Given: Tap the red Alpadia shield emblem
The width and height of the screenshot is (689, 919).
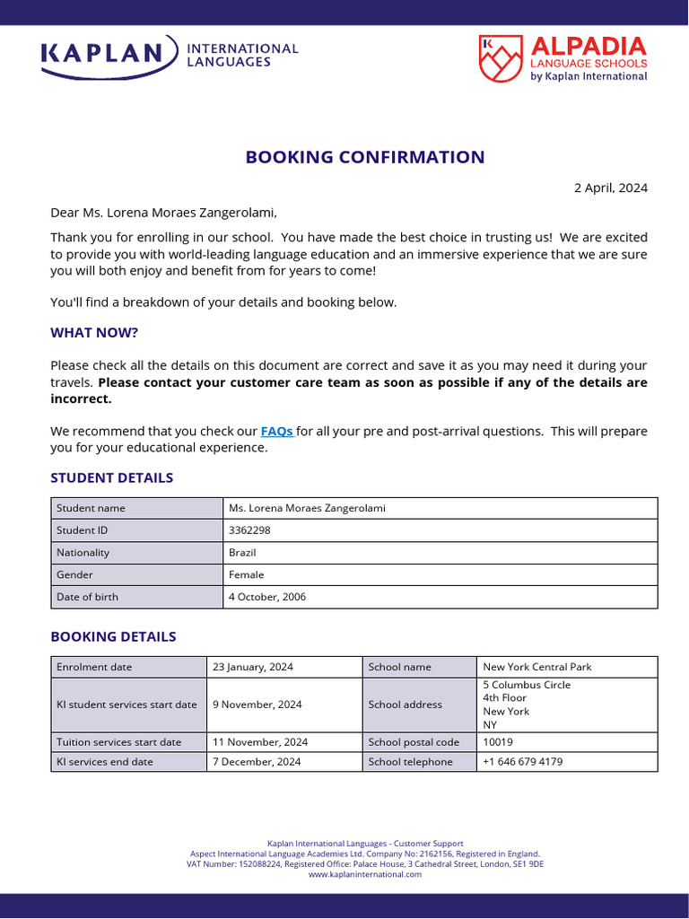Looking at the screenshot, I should tap(500, 58).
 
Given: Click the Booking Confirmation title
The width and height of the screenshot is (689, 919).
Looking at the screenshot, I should tap(365, 157).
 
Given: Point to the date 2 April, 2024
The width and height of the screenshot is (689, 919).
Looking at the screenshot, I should tap(610, 188).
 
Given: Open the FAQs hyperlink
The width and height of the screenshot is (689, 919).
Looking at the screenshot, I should tap(276, 431).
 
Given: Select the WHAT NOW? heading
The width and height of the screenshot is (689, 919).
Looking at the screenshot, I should tap(94, 333).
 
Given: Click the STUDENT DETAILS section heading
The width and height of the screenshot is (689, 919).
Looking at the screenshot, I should tap(111, 477).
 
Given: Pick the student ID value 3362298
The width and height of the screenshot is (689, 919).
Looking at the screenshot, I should tap(249, 530).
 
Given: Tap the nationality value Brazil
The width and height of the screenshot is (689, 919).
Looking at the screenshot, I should tap(242, 553).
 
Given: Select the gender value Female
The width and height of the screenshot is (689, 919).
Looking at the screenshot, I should tap(247, 574).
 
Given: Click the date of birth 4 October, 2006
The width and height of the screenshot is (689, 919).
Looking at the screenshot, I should tap(267, 597).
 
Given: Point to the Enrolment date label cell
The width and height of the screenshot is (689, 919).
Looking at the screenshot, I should tap(94, 667).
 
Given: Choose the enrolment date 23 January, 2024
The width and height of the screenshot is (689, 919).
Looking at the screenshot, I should tap(253, 667).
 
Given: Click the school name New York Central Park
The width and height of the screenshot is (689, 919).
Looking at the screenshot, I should tap(536, 667).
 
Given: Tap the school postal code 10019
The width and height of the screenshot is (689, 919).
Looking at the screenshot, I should tap(499, 742).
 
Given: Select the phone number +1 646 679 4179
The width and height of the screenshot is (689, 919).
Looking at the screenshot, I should tap(523, 762).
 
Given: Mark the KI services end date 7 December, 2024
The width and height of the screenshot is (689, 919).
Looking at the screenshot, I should tap(257, 762).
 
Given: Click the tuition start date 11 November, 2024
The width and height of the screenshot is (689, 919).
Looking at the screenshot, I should tap(260, 742).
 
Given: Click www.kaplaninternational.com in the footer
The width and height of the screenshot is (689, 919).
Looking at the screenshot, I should tap(365, 874).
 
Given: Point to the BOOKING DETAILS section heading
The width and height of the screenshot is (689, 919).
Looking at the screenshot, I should tap(113, 636).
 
